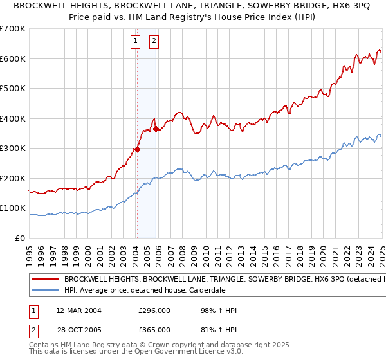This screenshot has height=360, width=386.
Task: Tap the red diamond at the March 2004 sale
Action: coord(137,150)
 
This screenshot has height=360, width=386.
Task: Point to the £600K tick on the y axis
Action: coord(13,59)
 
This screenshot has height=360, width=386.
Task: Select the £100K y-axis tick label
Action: coord(13,208)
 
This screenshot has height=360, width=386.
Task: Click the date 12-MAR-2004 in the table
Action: coord(78,310)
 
